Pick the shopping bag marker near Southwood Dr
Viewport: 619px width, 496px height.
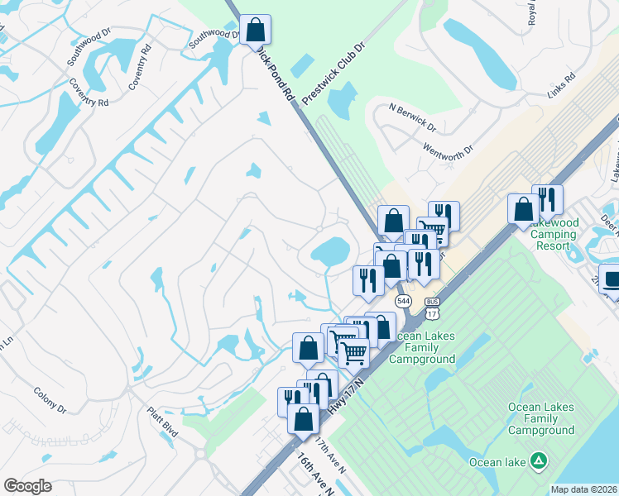(x=257, y=31)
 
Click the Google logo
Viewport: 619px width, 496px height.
(x=27, y=486)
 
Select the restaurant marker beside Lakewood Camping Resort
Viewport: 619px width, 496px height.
(x=547, y=201)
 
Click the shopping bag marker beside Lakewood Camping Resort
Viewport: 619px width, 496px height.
(x=523, y=209)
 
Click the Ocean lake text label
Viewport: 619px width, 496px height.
(x=497, y=461)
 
